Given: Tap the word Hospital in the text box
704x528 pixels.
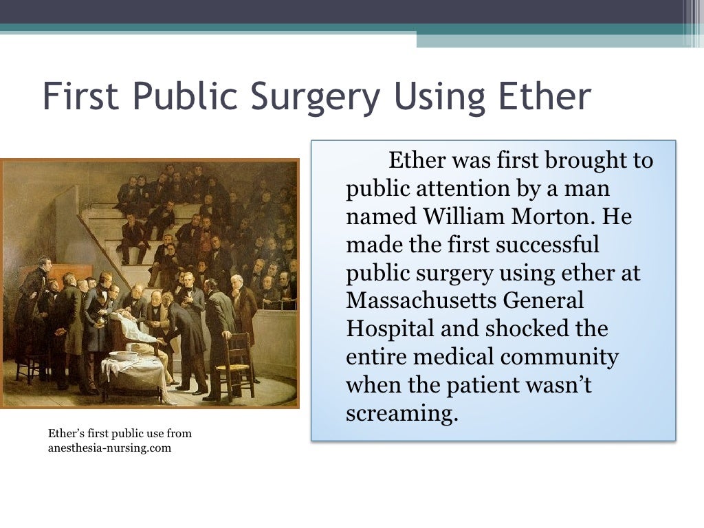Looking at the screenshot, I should [390, 328].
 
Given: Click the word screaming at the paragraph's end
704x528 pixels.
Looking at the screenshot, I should [401, 412].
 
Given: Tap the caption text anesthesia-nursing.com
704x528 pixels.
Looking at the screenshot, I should [109, 448].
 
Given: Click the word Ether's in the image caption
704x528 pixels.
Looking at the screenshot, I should [66, 434].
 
